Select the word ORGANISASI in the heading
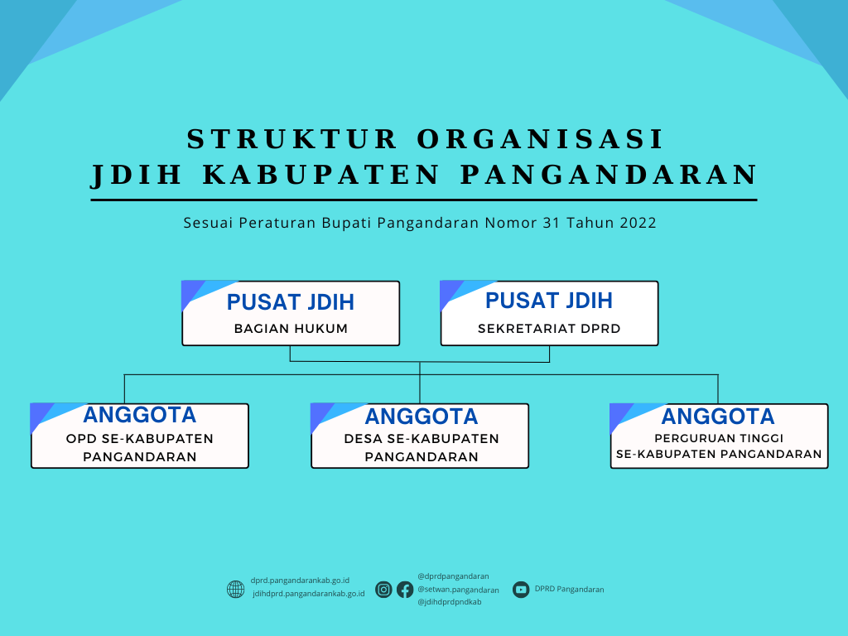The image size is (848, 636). click(x=541, y=139)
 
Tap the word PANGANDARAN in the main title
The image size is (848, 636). click(x=609, y=175)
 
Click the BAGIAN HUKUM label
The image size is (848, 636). click(x=291, y=329)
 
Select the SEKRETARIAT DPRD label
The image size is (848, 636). click(x=549, y=329)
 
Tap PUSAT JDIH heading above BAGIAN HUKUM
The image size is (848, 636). click(x=291, y=301)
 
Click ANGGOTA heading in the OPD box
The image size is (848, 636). click(x=140, y=415)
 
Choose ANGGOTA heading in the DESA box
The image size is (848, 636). click(x=421, y=416)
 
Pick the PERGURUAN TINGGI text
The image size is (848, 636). click(x=719, y=438)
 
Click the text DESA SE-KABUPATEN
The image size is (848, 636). click(x=421, y=439)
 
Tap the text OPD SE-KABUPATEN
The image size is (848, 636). click(x=140, y=439)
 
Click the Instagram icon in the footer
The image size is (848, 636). click(x=383, y=590)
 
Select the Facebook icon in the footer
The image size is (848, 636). click(x=405, y=590)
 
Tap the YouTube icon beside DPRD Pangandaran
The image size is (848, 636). click(x=521, y=590)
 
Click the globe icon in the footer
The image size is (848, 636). click(x=236, y=590)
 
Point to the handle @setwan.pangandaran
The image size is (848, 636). click(x=458, y=590)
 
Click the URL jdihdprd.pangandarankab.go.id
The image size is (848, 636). click(x=308, y=594)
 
